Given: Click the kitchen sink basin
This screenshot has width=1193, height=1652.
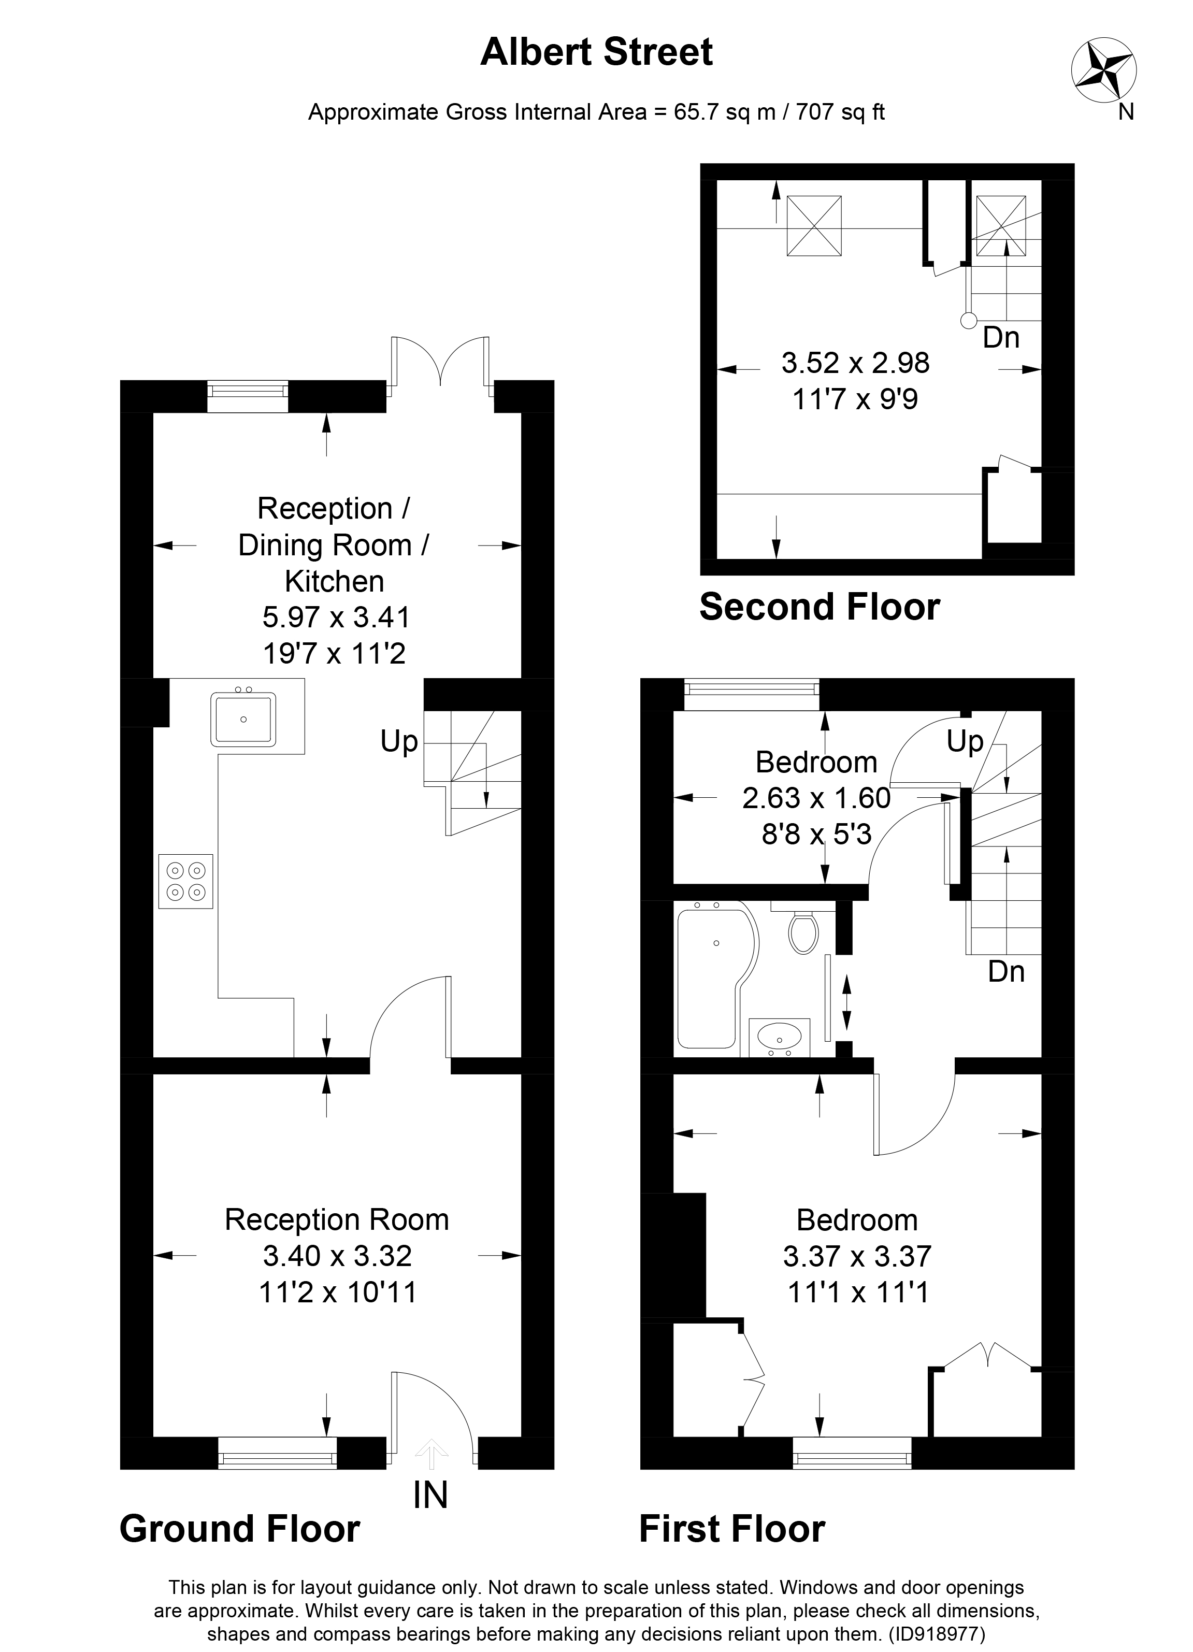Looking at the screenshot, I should coord(243,720).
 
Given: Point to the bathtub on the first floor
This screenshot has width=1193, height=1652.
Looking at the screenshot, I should coord(714,974).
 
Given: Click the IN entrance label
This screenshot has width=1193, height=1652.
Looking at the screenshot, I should coord(430,1496).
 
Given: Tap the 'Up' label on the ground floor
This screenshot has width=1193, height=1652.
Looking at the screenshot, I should coord(399,741).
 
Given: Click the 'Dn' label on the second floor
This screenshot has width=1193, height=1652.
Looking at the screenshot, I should coord(1001,337).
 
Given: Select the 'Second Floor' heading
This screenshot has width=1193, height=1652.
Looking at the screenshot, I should coord(820,607).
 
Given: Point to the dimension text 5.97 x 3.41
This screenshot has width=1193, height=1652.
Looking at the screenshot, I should coord(336,617).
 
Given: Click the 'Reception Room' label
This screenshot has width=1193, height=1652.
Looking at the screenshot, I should coord(337,1219).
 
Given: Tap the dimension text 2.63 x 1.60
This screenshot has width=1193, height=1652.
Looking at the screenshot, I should coord(816,798).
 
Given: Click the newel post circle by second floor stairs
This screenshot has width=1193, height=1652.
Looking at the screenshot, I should coord(968,320).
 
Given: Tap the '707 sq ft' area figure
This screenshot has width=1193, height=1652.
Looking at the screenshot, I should coord(840,112).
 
